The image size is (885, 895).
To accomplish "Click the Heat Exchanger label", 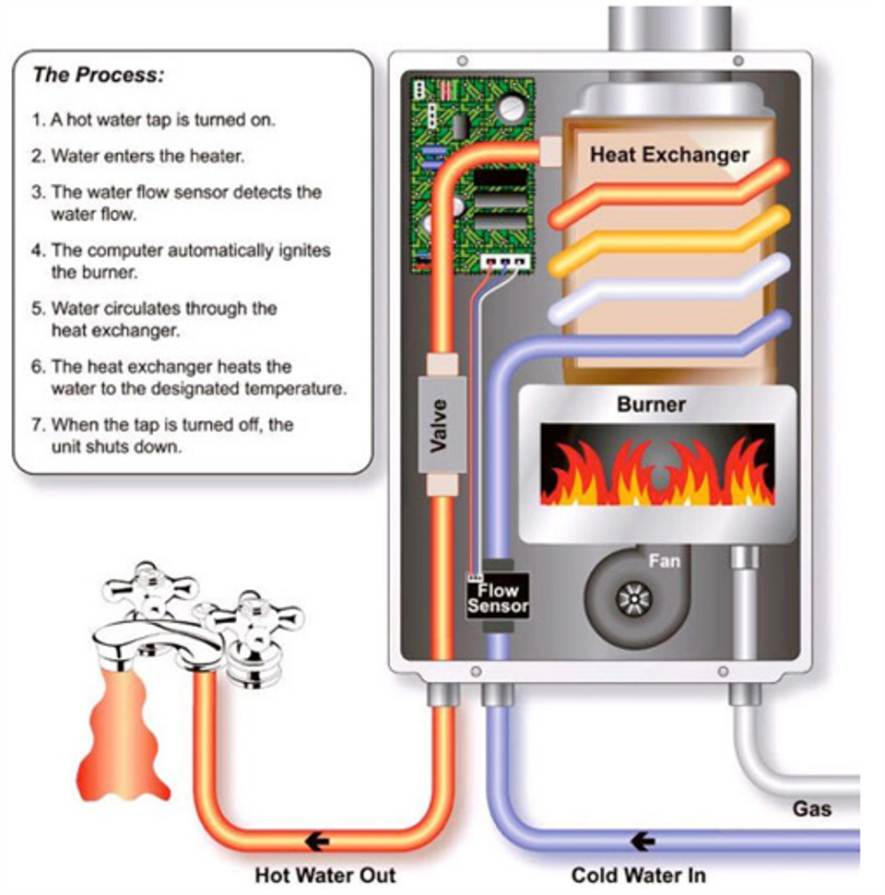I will (669, 154).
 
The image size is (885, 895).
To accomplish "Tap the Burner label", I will (651, 405).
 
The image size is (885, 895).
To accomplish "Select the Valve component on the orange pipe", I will (440, 425).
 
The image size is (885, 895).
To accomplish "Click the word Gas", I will (811, 809).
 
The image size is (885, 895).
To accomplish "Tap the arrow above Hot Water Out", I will (318, 841).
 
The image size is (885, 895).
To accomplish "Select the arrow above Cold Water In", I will (643, 841).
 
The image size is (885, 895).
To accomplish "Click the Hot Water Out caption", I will (325, 874).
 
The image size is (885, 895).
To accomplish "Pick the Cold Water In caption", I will (638, 874).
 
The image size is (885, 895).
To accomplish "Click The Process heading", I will (99, 76).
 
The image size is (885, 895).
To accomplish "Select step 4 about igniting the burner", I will (181, 261).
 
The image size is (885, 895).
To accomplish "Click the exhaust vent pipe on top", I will (669, 28).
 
